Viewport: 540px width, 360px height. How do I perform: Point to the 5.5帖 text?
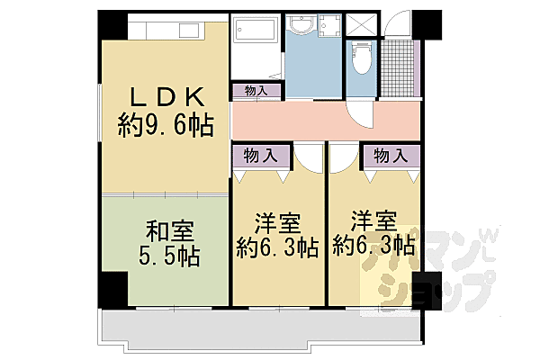pos(164,256)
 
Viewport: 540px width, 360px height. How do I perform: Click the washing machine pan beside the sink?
pos(329,27)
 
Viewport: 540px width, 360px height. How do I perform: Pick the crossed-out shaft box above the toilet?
pos(363,24)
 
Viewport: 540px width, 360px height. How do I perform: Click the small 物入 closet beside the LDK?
pos(256,90)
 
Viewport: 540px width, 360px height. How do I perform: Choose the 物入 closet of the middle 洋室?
pos(260,156)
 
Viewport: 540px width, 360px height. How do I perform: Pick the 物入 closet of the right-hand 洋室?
pos(390,156)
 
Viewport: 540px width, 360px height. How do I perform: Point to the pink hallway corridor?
pos(324,121)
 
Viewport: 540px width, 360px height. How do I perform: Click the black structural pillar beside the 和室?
pos(113,288)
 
